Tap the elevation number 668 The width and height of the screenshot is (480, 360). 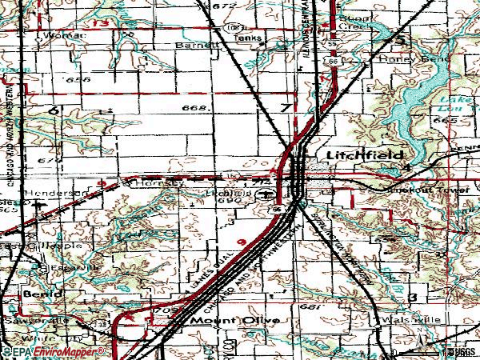[195, 106]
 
